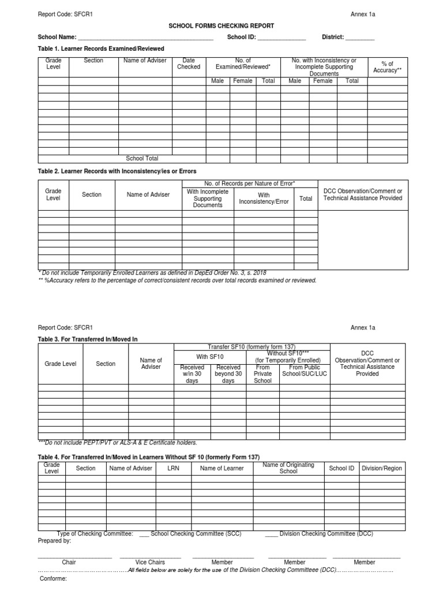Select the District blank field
(360, 38)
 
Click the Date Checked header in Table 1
(189, 63)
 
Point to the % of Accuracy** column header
(387, 66)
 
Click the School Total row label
(142, 158)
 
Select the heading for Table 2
(117, 171)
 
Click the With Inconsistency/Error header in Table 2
(264, 199)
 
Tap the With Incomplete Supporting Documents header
(208, 198)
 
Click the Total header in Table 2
(306, 199)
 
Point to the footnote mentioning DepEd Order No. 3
(152, 272)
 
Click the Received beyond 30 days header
(228, 374)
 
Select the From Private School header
(262, 374)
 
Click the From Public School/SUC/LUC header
(304, 371)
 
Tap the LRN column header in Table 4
(174, 468)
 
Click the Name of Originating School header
(288, 468)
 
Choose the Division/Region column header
(381, 468)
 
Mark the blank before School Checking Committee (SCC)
(144, 534)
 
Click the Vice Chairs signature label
(150, 562)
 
